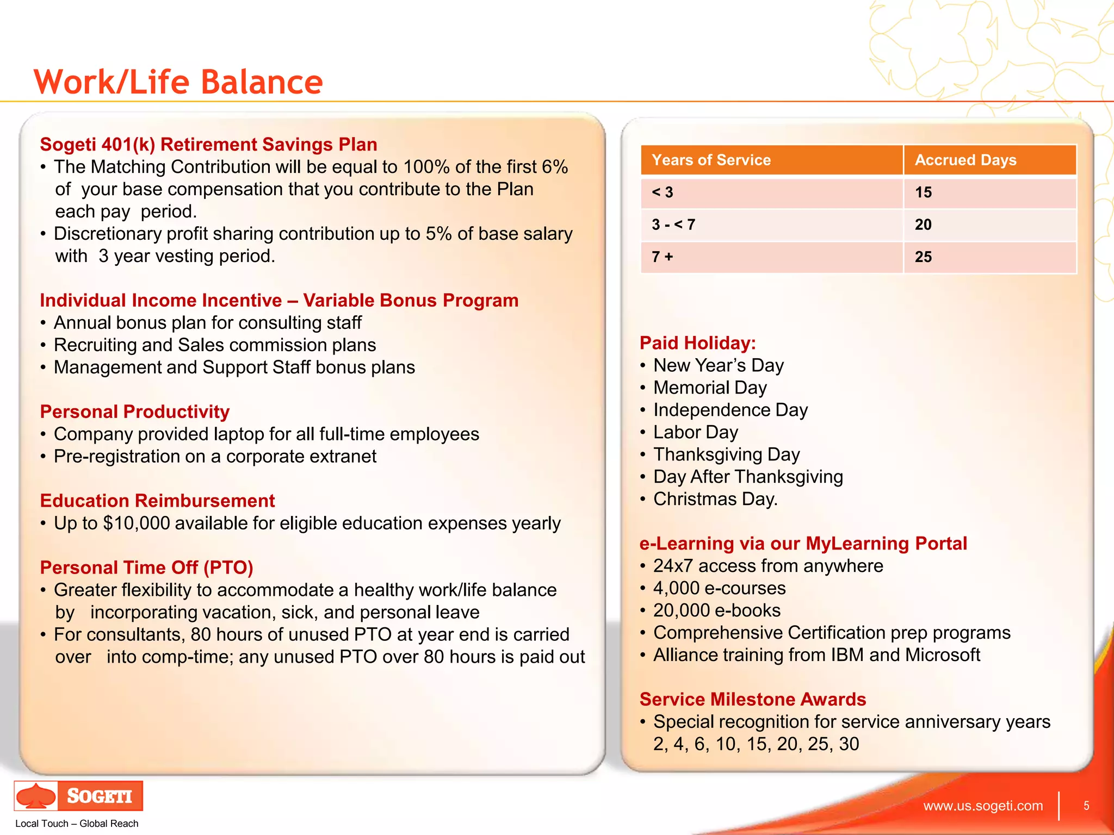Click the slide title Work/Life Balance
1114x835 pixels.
pos(178,82)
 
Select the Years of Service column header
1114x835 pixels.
pos(711,160)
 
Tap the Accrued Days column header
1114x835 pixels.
pos(965,160)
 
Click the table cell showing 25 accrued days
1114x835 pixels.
pos(923,257)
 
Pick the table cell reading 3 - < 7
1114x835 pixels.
pos(673,225)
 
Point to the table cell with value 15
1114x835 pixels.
pos(923,192)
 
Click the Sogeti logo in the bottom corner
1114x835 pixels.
pos(78,796)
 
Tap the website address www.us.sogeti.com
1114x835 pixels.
pos(983,806)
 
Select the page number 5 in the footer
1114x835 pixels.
pos(1086,806)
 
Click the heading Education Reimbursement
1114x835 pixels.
pos(157,501)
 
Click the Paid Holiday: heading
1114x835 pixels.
pos(697,343)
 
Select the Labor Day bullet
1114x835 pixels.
pos(695,432)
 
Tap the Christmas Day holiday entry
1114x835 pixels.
pos(715,499)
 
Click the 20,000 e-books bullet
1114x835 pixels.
pos(716,610)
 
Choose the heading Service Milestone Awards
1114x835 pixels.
pos(752,699)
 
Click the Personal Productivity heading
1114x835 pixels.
pos(134,412)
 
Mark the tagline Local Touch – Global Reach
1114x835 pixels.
pos(77,824)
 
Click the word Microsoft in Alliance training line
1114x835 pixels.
pos(942,655)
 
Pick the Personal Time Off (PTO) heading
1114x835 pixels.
pos(146,568)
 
